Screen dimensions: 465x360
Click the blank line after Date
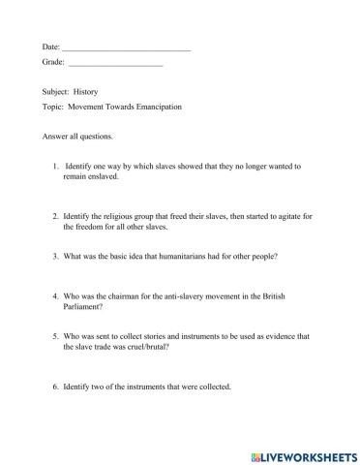[126, 46]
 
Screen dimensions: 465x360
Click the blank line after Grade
[115, 63]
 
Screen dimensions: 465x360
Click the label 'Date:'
[51, 46]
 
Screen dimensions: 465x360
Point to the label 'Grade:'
[53, 63]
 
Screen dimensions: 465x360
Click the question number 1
[57, 167]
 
